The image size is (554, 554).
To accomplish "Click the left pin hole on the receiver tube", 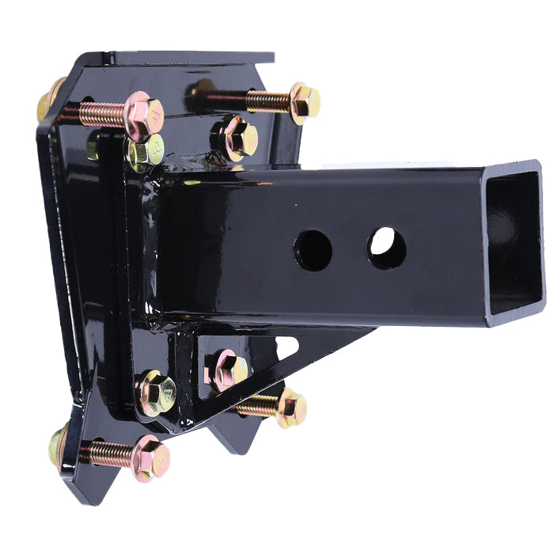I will pos(313,251).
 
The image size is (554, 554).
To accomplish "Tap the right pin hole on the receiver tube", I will pos(386,248).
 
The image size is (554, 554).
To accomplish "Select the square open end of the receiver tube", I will pos(514,241).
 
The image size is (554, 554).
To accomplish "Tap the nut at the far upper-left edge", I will pos(49,100).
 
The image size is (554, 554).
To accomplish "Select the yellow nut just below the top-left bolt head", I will pos(146,152).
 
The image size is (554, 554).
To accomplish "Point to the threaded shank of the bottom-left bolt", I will pos(107,453).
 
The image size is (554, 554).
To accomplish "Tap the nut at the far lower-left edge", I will pos(57,445).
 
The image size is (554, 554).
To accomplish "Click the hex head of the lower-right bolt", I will pos(290,408).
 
